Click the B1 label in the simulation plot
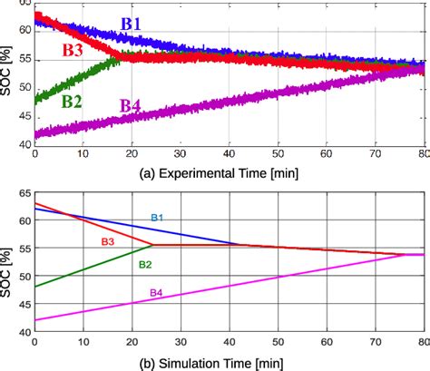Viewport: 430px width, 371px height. coord(158,218)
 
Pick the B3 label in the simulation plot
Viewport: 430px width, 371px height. coord(107,241)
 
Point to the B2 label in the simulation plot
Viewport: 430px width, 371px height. coord(144,264)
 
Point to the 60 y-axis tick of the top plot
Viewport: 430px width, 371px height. coord(24,32)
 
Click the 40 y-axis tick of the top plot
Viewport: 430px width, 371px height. coord(24,143)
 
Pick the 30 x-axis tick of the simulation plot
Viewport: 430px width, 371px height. coord(180,346)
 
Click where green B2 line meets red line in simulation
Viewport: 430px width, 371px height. coord(151,245)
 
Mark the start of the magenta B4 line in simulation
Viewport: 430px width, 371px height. coord(34,319)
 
